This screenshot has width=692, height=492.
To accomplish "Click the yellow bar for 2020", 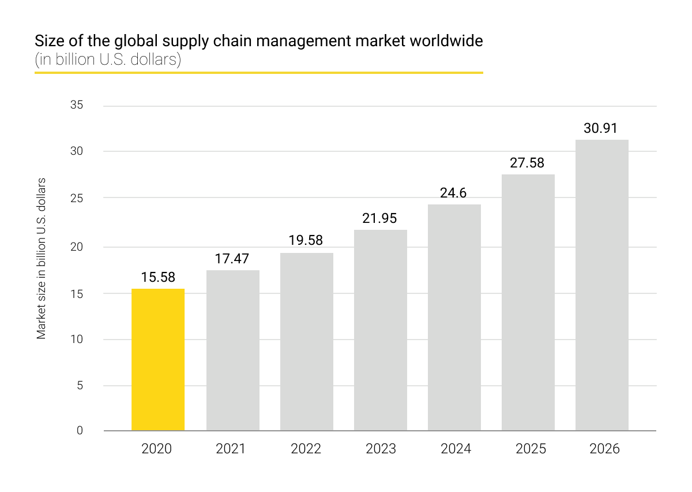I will [x=158, y=359].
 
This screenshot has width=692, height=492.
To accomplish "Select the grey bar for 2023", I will [x=380, y=330].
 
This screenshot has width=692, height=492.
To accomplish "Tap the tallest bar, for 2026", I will [x=602, y=285].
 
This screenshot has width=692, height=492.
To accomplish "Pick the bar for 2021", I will [x=232, y=350].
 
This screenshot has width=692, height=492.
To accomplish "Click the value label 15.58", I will [x=158, y=278].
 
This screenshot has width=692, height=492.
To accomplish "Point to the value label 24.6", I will [x=453, y=193].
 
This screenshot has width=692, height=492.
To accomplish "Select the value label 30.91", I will [x=601, y=128].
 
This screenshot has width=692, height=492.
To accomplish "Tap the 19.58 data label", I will [x=306, y=240].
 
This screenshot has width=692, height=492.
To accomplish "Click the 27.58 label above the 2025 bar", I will [x=527, y=163].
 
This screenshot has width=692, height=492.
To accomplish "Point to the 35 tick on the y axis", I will [x=76, y=106].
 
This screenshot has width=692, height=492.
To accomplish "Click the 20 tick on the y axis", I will [x=77, y=247].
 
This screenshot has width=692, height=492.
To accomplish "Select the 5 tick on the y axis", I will [x=80, y=385].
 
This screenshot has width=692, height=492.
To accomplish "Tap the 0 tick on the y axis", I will [x=80, y=430].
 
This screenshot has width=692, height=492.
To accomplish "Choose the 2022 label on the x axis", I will [x=306, y=449].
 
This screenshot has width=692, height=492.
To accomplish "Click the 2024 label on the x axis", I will [x=456, y=449].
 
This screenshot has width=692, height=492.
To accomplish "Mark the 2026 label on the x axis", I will [x=604, y=449].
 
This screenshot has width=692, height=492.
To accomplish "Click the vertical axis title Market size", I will [x=42, y=258].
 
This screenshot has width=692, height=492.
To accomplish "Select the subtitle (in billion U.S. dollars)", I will [x=108, y=60].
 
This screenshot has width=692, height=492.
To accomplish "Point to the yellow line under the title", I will [x=258, y=73].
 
